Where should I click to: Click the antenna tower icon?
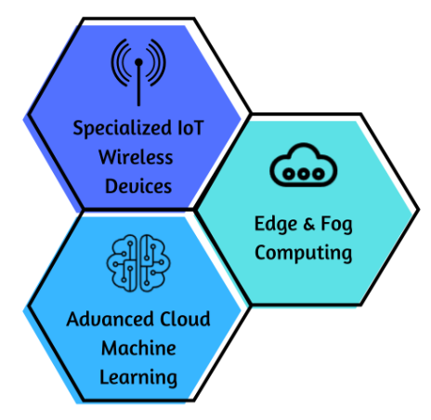138,72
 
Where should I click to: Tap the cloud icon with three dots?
304,164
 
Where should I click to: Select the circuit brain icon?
138,263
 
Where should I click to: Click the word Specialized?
122,128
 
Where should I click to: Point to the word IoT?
190,127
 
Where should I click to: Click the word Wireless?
136,157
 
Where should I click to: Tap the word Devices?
138,186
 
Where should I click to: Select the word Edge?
276,224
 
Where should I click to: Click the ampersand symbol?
309,224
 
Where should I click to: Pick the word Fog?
336,224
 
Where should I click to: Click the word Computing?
304,253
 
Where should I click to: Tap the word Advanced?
110,319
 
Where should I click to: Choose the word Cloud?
185,319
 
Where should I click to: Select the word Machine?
138,348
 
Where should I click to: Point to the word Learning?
138,378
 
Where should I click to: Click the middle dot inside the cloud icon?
304,174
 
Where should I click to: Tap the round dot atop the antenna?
138,62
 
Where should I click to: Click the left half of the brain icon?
122,263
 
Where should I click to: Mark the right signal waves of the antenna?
156,62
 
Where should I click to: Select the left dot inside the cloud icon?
289,174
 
